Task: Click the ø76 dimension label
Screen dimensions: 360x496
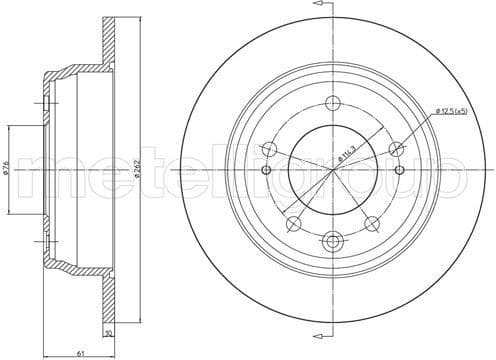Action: [x=9, y=170]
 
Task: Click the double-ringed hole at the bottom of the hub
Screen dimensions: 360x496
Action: [x=332, y=240]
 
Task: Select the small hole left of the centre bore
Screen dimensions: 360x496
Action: [x=265, y=170]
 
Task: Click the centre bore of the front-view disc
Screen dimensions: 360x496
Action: [x=332, y=170]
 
